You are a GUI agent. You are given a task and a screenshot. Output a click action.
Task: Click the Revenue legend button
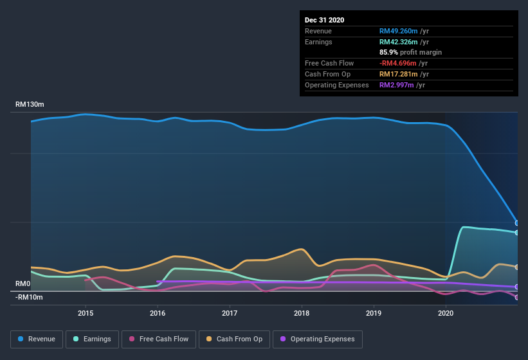tap(37, 339)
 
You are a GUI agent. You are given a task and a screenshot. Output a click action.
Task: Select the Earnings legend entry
tap(92, 339)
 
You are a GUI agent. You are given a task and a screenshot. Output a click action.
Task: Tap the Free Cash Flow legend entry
tap(158, 339)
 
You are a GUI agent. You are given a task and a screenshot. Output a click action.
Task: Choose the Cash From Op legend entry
tap(233, 339)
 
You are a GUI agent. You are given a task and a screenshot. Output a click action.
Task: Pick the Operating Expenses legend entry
tap(317, 339)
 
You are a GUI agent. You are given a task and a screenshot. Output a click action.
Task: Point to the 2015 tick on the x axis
tap(86, 314)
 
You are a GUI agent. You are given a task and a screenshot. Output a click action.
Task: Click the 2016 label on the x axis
tap(158, 314)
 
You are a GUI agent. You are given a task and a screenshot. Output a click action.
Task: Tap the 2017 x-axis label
tap(230, 314)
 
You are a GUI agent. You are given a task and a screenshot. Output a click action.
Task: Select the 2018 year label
tap(302, 314)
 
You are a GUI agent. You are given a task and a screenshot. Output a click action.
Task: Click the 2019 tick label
tap(374, 314)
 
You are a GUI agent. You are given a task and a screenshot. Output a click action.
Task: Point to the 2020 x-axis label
tap(446, 314)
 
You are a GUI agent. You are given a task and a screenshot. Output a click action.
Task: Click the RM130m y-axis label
tap(30, 104)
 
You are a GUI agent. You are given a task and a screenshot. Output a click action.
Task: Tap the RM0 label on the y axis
tap(23, 283)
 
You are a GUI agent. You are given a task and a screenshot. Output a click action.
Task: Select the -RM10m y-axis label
tap(29, 297)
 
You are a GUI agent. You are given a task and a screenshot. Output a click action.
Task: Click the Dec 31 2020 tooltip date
tap(325, 20)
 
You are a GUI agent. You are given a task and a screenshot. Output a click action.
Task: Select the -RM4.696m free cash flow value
tap(402, 63)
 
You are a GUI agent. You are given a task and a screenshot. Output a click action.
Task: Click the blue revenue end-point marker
tap(517, 223)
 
